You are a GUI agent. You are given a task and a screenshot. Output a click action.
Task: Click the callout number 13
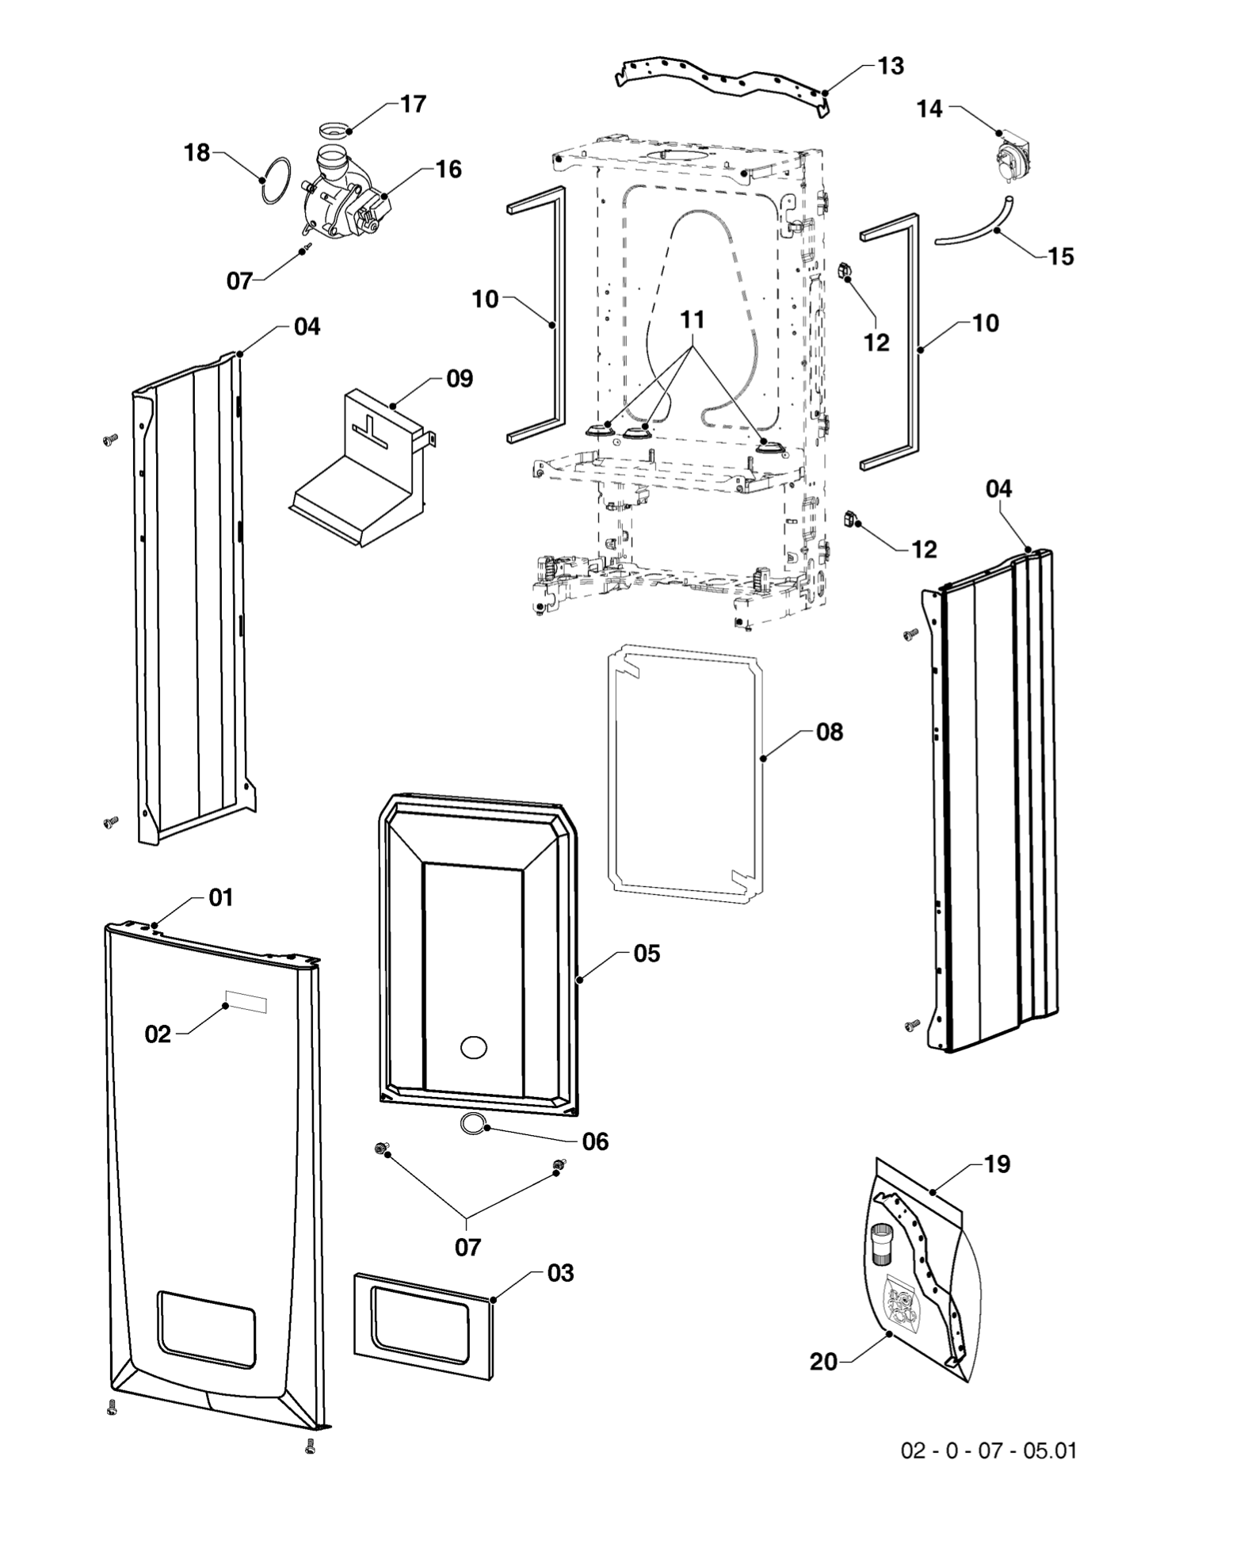[x=891, y=66]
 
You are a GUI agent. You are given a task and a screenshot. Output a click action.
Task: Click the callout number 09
[x=460, y=379]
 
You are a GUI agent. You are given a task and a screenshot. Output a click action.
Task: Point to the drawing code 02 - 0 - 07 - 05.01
[x=988, y=1451]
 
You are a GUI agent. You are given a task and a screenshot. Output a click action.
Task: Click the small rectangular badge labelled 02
[x=246, y=1002]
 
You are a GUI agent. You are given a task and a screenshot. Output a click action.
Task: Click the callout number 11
[x=692, y=320]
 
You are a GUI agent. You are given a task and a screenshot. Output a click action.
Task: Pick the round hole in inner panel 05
[x=474, y=1047]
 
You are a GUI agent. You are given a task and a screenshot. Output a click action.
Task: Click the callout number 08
[x=829, y=732]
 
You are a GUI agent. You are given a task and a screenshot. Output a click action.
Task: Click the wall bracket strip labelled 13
[x=721, y=80]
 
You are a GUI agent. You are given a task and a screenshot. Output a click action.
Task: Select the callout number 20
[x=823, y=1362]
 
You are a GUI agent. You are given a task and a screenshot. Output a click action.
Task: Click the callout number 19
[x=997, y=1164]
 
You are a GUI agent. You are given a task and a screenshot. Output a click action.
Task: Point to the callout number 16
[x=448, y=170]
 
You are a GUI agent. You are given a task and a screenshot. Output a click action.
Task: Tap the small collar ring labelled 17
[x=334, y=129]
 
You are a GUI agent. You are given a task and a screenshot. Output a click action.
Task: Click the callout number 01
[x=221, y=898]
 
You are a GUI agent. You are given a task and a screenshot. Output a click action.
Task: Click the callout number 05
[x=647, y=954]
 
